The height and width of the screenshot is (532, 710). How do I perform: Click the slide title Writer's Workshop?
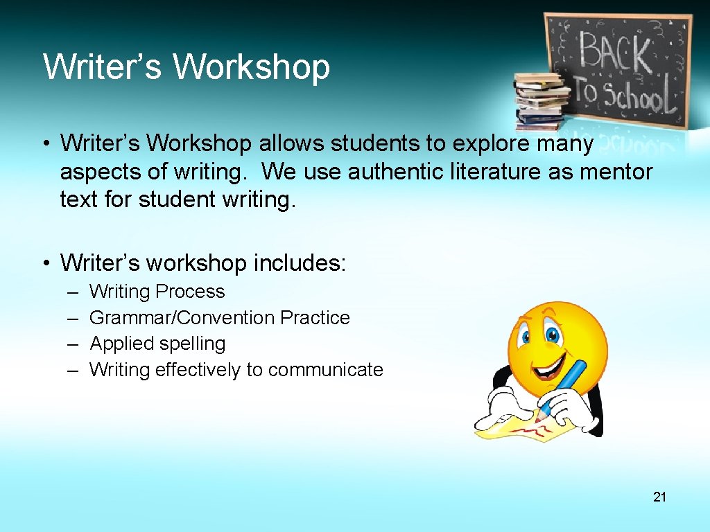[186, 67]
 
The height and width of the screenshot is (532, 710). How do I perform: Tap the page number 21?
[659, 497]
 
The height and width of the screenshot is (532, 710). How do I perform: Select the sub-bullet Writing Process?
[157, 292]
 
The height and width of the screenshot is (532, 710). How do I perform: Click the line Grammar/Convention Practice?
[220, 318]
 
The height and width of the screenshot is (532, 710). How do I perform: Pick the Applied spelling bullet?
[157, 344]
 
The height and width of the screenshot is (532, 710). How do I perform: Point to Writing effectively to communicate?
[236, 370]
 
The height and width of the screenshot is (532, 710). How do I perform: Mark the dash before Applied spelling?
[72, 344]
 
